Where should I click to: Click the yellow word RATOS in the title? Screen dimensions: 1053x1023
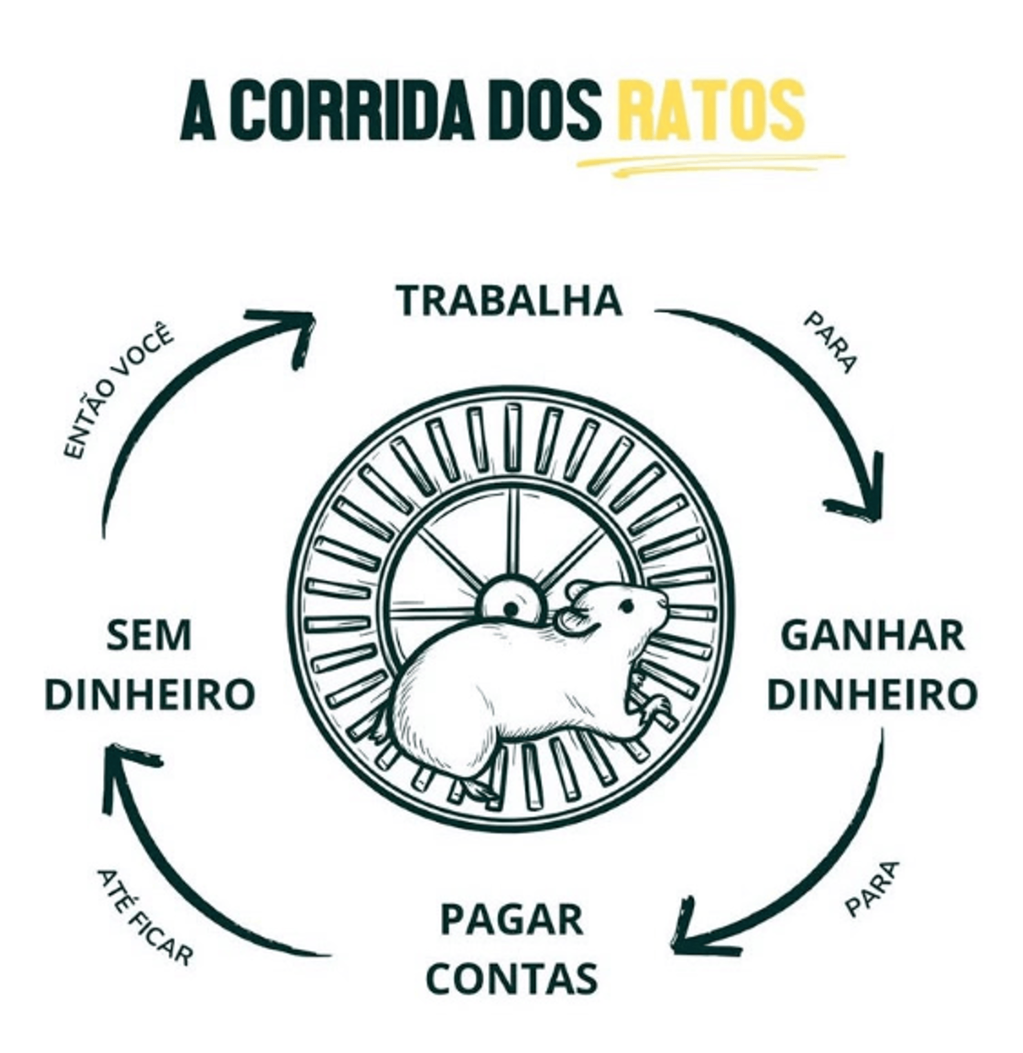click(711, 111)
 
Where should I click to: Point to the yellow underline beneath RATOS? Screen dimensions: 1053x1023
click(710, 163)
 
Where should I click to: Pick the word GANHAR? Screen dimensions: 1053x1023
click(872, 635)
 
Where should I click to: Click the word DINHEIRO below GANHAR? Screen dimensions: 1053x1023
click(872, 693)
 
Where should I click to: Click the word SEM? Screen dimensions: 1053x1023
click(149, 635)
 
